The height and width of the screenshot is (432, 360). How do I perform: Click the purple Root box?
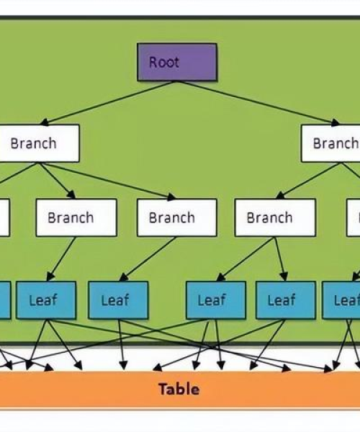click(177, 62)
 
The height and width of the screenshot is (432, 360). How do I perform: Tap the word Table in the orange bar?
click(179, 389)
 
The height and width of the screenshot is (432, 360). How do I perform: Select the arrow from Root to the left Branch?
click(108, 103)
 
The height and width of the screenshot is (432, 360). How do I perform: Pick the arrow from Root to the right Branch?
click(259, 103)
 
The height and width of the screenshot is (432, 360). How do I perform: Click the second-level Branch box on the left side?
click(40, 143)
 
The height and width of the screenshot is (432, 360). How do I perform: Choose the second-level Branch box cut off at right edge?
click(330, 143)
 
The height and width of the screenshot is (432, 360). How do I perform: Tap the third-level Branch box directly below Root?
click(177, 217)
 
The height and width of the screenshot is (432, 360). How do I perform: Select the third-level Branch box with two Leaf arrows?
click(275, 217)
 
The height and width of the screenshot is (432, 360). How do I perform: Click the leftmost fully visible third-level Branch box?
click(76, 217)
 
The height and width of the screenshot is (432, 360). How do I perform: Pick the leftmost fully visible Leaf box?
click(46, 300)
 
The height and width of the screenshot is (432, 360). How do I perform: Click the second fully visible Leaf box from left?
click(118, 300)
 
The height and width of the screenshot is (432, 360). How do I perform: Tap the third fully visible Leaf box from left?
click(216, 300)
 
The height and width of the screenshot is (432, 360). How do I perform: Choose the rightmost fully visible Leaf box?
click(286, 300)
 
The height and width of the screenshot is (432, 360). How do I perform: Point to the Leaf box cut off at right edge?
click(341, 300)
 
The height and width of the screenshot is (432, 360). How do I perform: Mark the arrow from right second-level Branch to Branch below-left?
click(309, 181)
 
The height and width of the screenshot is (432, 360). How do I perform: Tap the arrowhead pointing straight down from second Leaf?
click(123, 366)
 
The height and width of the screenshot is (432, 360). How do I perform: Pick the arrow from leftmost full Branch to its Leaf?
click(61, 258)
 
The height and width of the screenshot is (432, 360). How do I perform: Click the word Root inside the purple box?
click(164, 62)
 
